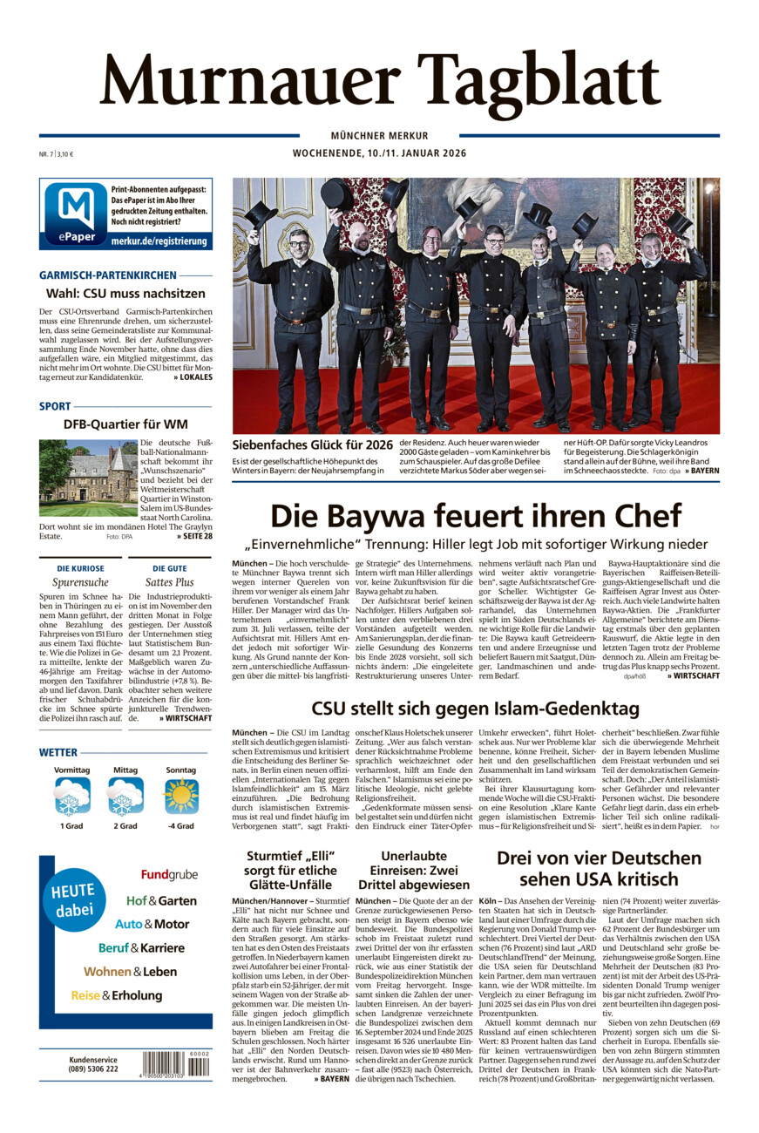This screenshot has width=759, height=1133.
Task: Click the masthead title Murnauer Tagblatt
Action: tap(379, 80)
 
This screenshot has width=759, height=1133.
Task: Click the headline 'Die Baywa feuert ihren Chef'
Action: tap(476, 515)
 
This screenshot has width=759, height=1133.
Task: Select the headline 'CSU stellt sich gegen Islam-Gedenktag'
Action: tap(475, 708)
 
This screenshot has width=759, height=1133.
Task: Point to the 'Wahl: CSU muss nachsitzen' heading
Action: tap(125, 294)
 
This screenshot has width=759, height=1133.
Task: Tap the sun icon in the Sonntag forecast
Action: tap(181, 796)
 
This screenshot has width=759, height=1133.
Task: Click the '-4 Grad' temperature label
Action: tap(181, 826)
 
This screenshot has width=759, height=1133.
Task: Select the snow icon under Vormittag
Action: tap(72, 796)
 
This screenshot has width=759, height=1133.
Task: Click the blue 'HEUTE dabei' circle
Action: tap(75, 900)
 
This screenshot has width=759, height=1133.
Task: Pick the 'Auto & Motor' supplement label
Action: tap(152, 924)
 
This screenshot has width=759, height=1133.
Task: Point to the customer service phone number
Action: tap(94, 1069)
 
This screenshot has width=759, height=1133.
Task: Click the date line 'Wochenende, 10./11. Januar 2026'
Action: tap(379, 153)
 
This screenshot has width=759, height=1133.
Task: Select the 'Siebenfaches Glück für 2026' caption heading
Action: tap(312, 444)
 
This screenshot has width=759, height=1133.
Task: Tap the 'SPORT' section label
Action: tap(55, 406)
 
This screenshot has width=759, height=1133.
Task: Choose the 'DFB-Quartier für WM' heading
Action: tap(125, 424)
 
